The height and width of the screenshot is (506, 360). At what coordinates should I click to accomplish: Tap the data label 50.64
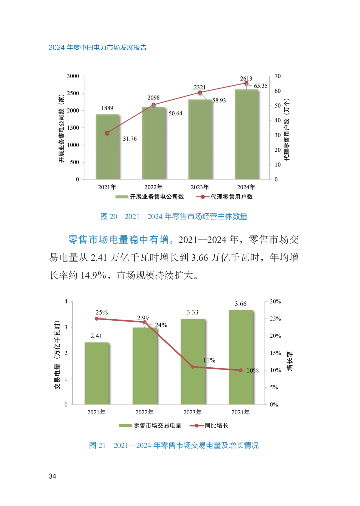(x=175, y=113)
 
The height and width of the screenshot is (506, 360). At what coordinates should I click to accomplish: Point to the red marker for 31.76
(x=107, y=133)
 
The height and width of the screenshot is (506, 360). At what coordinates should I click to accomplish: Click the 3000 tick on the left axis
(x=73, y=76)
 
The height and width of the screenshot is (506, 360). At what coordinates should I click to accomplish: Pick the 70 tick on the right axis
(x=278, y=76)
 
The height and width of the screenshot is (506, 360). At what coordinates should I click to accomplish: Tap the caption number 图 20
(x=109, y=216)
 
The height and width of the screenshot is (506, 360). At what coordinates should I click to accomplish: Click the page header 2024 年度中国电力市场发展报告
(x=97, y=47)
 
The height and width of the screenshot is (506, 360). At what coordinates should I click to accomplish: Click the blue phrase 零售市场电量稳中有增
(x=118, y=239)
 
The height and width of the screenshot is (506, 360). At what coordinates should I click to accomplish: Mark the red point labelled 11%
(x=193, y=367)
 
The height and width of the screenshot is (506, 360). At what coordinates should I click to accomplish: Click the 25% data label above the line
(x=102, y=312)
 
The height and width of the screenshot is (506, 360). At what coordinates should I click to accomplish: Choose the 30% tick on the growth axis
(x=275, y=301)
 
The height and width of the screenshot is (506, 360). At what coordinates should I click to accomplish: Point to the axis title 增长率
(x=289, y=361)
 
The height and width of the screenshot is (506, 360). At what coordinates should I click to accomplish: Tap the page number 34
(x=52, y=476)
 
